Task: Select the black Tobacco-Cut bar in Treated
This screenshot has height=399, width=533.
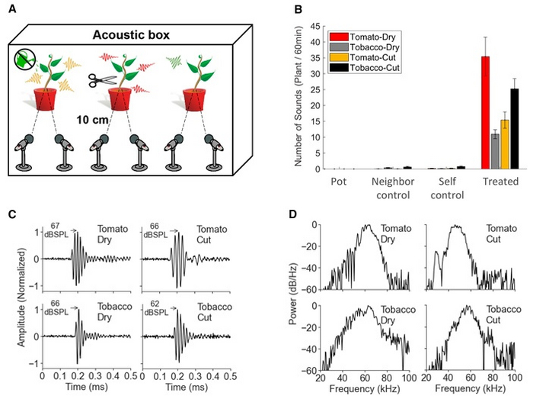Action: point(514,129)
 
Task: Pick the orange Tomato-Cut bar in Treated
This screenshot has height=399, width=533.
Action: point(504,144)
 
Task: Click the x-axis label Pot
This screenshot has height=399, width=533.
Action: point(339,182)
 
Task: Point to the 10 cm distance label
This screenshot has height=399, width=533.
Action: point(91,119)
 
